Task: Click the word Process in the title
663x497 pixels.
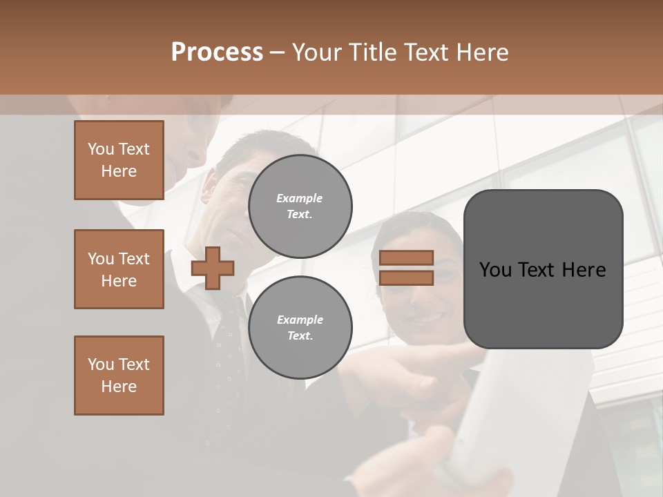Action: coord(217,52)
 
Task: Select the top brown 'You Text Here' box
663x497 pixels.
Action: coord(119,160)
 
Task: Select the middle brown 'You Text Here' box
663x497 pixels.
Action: coord(119,269)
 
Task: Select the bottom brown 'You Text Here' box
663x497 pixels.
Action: coord(119,376)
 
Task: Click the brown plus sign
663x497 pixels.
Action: coord(213,269)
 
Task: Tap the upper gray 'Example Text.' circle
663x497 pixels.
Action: coord(300,206)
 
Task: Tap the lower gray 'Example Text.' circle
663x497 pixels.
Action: coord(300,328)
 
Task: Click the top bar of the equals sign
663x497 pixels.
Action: coord(406,258)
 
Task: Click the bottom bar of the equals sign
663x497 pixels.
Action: coord(406,277)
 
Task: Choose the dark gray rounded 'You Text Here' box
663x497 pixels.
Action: coord(543,269)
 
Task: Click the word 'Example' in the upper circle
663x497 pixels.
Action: coord(299,198)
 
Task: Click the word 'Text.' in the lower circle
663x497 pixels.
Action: coord(300,336)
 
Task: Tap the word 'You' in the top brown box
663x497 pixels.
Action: coord(100,149)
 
